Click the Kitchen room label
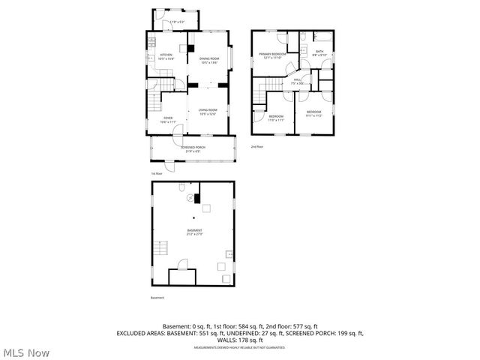pyautogui.click(x=166, y=56)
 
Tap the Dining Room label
pyautogui.click(x=209, y=60)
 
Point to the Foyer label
pyautogui.click(x=168, y=119)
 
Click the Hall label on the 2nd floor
pyautogui.click(x=297, y=81)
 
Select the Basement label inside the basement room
pyautogui.click(x=194, y=232)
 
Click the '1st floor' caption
pyautogui.click(x=157, y=173)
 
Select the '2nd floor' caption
pyautogui.click(x=257, y=147)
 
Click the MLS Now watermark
pyautogui.click(x=25, y=352)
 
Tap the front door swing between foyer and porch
pyautogui.click(x=178, y=131)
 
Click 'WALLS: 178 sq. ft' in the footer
pyautogui.click(x=239, y=340)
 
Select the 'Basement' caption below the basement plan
pyautogui.click(x=157, y=298)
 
